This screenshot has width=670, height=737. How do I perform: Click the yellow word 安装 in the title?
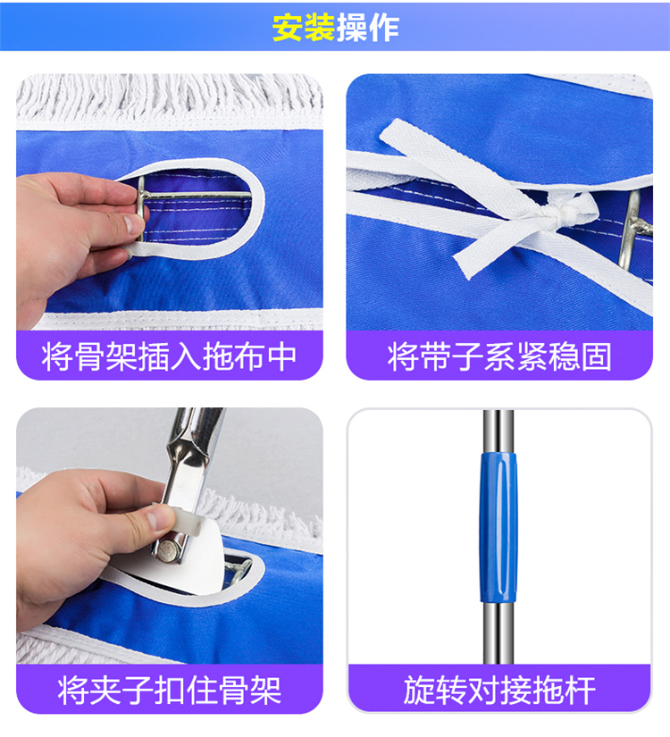[303, 28]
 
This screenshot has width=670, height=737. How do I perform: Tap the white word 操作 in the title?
[368, 28]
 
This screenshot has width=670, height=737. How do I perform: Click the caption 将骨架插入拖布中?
[169, 356]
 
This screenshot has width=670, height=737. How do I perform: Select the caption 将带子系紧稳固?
[499, 356]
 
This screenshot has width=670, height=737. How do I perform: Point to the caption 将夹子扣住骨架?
[170, 690]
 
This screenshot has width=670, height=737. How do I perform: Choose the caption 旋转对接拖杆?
[499, 690]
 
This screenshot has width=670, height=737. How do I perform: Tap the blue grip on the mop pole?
[498, 527]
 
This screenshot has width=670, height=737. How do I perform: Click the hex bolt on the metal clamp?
[167, 550]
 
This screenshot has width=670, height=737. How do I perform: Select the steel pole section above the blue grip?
[498, 431]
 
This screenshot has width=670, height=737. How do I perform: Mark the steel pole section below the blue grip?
[498, 632]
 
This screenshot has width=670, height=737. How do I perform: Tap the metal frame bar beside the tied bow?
[635, 230]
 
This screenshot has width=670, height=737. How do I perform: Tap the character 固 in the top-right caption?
[597, 356]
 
